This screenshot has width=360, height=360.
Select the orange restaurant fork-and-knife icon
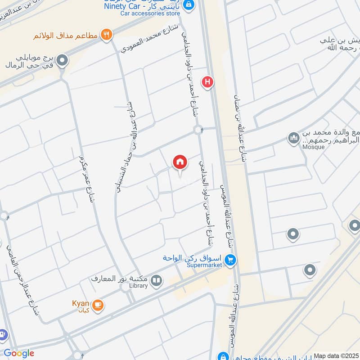(106, 35)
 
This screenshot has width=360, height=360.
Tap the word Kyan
(81, 303)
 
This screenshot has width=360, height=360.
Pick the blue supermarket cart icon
(231, 260)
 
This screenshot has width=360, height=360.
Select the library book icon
(156, 282)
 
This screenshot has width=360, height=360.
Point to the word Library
(138, 285)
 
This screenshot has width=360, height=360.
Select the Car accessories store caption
(150, 13)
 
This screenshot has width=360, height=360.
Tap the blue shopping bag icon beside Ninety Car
(189, 4)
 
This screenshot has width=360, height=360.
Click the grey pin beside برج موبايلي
(63, 59)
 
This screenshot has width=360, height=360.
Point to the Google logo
(19, 353)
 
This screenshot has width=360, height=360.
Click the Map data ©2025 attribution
(336, 356)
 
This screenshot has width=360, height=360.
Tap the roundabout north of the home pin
(198, 130)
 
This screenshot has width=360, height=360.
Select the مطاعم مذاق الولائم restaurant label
(67, 35)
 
